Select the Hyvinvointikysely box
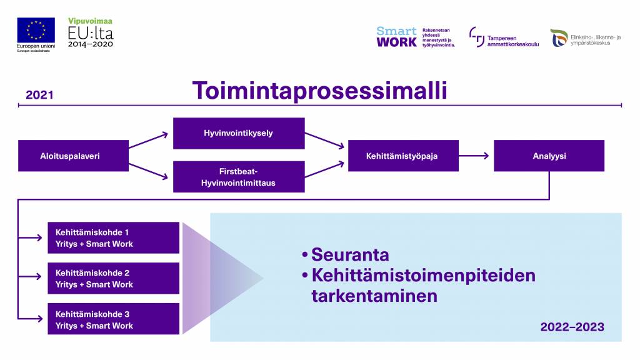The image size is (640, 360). pos(238,133)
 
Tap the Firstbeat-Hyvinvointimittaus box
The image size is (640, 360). pos(238,177)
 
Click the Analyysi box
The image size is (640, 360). pos(549,156)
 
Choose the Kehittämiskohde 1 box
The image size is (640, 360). pos(113,237)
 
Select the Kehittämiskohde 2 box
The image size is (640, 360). pos(113,278)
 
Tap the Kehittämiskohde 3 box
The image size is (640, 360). pos(113,319)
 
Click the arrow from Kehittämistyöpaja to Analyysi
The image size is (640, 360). pos(476,156)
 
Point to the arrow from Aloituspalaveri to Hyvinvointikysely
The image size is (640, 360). pos(150,140)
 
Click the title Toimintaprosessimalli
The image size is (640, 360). pos(319,91)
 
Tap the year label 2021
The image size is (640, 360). pos(39,96)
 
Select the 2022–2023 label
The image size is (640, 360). pos(572,327)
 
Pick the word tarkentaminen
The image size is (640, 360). pos(374,296)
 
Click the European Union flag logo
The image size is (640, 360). pos(36,30)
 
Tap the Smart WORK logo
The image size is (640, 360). pos(397,37)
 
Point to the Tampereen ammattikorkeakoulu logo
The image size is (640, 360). pos(503,37)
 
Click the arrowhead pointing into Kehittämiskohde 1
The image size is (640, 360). pos(42,237)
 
